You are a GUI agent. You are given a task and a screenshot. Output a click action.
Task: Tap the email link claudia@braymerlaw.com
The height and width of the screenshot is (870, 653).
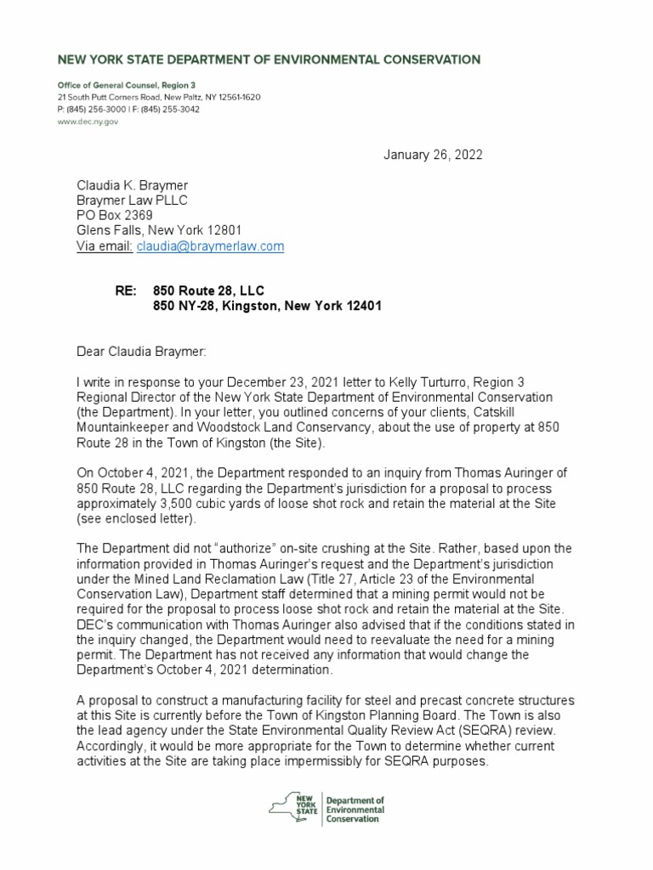coord(210,246)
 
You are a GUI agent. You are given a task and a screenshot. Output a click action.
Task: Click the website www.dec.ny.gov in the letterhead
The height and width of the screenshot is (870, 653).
coord(88,122)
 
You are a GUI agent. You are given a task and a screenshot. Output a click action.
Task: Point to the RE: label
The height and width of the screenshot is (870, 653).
coord(126,291)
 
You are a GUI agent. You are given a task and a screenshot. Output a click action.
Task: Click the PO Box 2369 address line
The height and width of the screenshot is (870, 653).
coord(115,215)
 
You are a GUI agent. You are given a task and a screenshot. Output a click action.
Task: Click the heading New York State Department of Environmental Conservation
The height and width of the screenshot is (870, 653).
coord(268,59)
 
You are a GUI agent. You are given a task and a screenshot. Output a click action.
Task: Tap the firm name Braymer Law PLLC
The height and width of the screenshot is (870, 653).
coord(132,200)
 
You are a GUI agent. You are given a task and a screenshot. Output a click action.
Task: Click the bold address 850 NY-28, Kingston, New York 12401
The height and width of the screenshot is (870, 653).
coord(261,307)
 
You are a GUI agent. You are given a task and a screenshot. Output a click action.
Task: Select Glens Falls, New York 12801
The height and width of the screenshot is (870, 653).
coord(159,230)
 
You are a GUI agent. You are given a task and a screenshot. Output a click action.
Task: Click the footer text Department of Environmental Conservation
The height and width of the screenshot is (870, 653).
coord(355,810)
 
